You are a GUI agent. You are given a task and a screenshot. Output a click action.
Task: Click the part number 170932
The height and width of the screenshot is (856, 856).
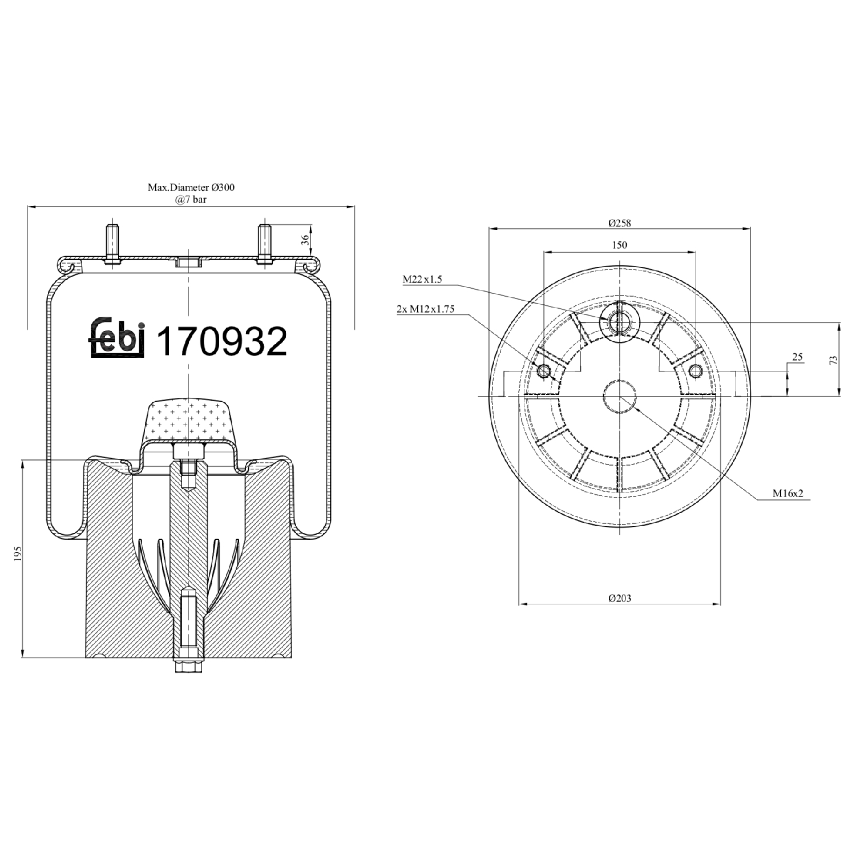click(x=221, y=341)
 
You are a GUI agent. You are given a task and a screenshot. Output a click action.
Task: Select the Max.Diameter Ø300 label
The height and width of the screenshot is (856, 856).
click(x=191, y=187)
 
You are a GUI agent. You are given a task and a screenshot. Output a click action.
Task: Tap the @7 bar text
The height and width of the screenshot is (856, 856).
click(x=191, y=199)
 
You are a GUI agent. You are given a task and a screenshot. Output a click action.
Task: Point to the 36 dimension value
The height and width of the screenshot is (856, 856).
click(x=305, y=239)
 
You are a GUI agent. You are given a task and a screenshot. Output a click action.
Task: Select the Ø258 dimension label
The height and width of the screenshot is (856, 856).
click(x=619, y=223)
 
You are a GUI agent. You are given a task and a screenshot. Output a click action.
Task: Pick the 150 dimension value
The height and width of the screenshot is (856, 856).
click(x=619, y=245)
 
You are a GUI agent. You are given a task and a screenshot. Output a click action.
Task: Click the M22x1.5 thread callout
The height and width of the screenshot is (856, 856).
click(x=422, y=279)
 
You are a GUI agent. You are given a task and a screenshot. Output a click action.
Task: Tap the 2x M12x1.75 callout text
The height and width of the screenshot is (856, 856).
click(x=426, y=309)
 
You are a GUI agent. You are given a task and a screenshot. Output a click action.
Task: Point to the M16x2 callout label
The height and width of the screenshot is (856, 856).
click(x=788, y=493)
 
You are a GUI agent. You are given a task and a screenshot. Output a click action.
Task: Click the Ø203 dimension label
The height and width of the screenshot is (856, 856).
click(x=619, y=598)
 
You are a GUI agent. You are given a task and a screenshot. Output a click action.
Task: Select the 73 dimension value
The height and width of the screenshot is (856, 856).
click(x=834, y=360)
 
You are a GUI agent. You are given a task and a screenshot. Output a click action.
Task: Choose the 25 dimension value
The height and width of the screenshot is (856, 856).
click(x=797, y=357)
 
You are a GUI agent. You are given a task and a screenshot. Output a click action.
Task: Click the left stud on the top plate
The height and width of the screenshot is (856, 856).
click(x=112, y=243)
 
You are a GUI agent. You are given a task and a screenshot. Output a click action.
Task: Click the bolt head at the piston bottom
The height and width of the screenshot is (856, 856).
click(x=188, y=667)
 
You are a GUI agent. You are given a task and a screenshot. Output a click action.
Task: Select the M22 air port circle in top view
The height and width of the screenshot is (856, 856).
click(x=618, y=322)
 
